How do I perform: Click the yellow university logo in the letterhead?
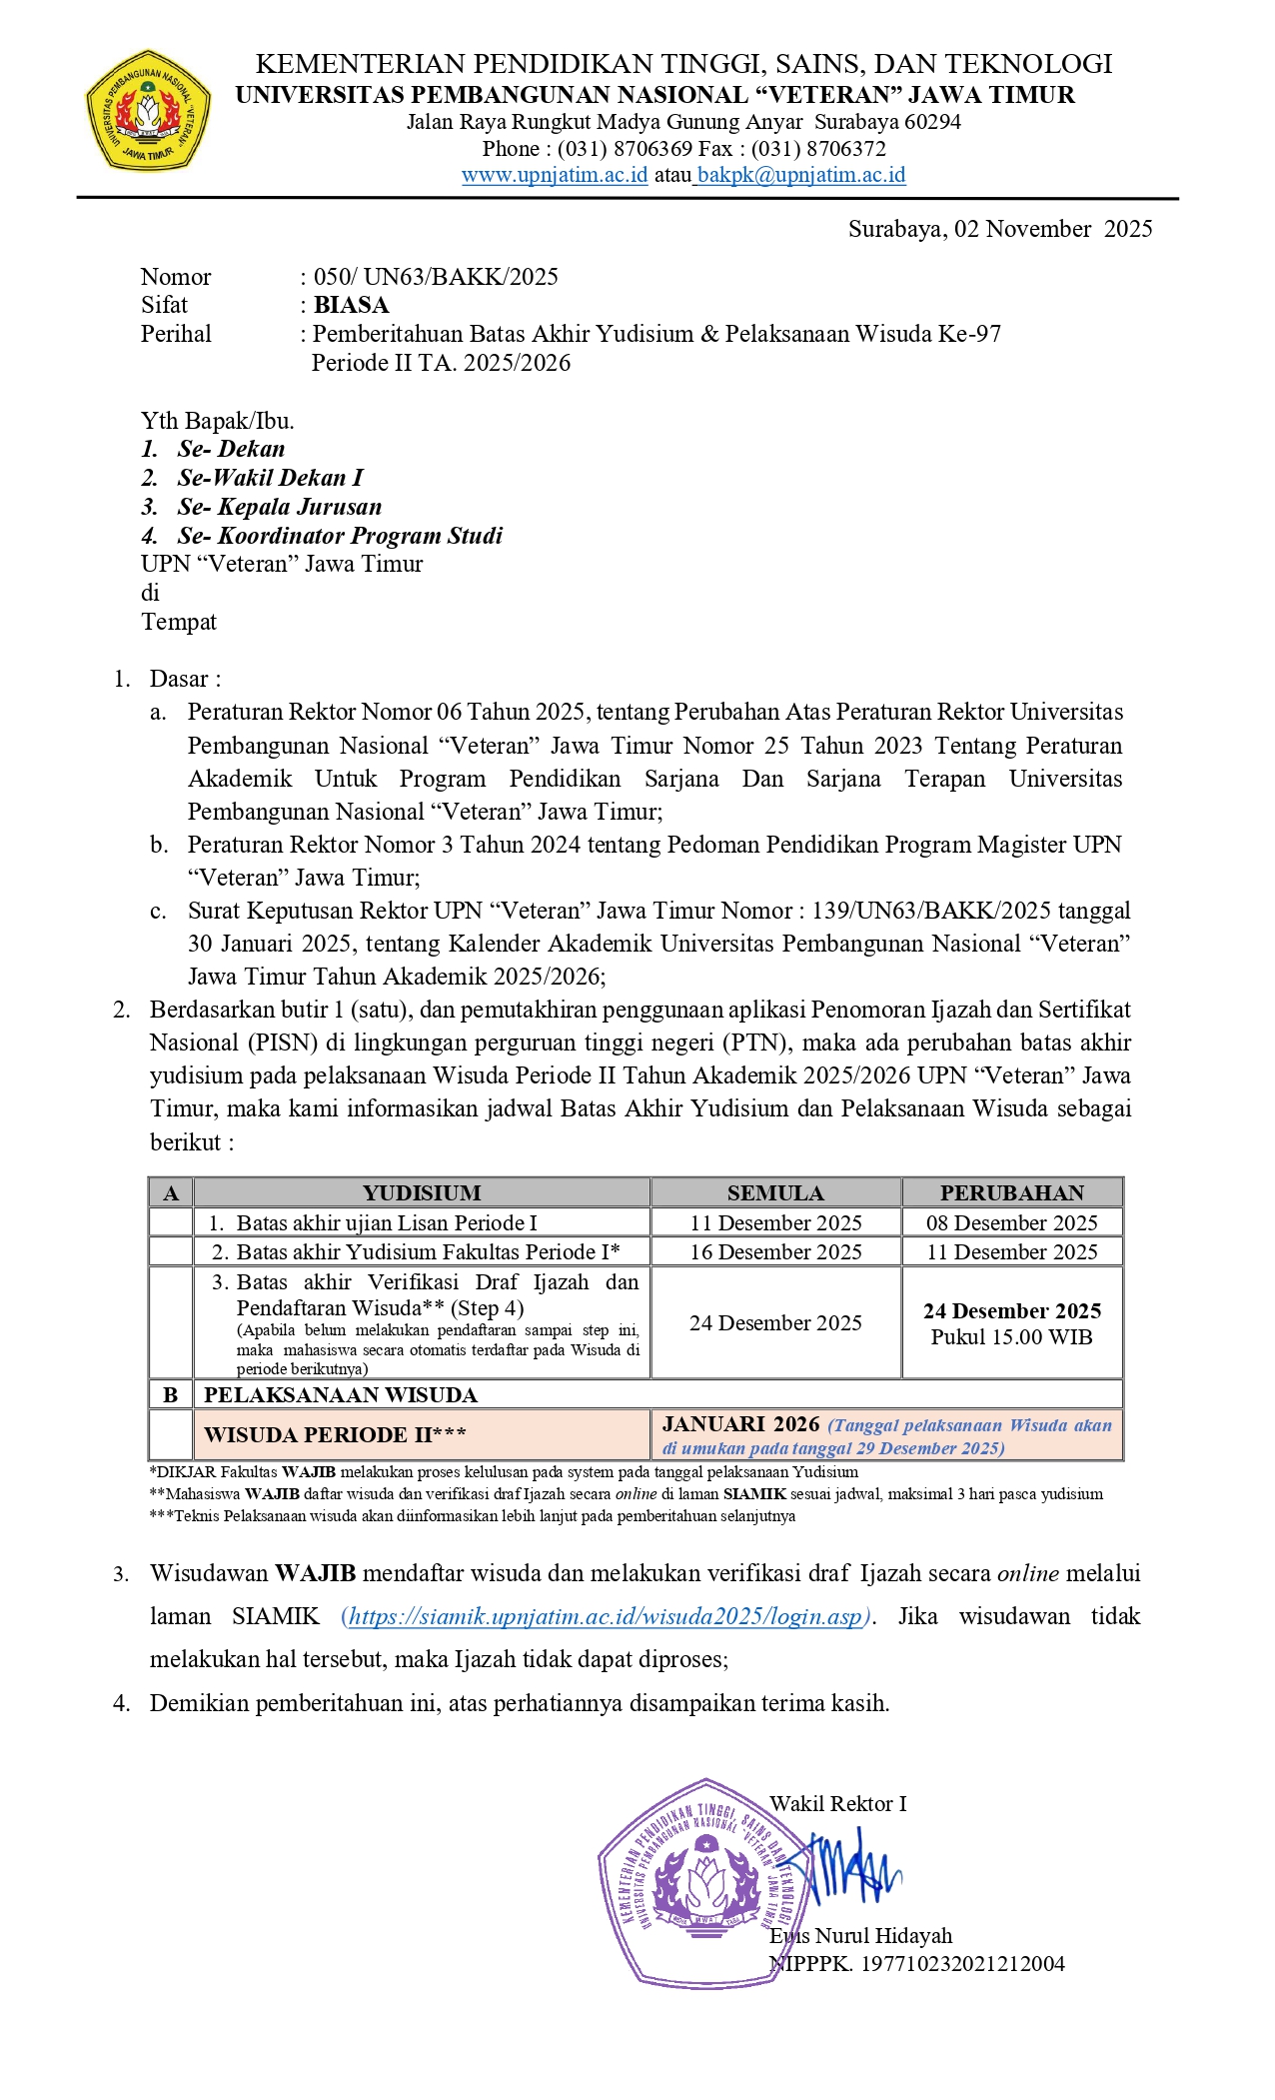(x=148, y=112)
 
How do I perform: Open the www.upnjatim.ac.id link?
(x=555, y=175)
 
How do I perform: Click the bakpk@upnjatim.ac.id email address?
(x=801, y=175)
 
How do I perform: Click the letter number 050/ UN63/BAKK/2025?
(x=436, y=277)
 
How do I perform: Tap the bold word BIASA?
(x=351, y=305)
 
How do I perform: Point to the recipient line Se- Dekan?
(x=231, y=449)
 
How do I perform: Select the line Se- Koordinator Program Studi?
(x=340, y=536)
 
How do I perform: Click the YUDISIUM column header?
(x=422, y=1192)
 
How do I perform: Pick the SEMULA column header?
(x=775, y=1192)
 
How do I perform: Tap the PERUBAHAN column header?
(x=1011, y=1192)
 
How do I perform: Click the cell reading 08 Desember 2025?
(x=1011, y=1222)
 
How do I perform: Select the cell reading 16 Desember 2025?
(x=775, y=1251)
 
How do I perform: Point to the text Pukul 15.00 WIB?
(x=1011, y=1337)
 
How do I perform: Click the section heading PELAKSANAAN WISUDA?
(x=341, y=1394)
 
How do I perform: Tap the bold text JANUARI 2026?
(x=740, y=1424)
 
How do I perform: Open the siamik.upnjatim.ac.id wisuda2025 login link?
(x=606, y=1616)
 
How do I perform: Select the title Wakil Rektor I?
(x=837, y=1803)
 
